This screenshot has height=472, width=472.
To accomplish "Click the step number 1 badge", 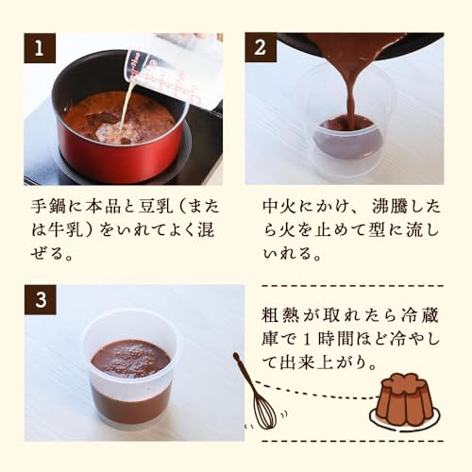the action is [x=40, y=48].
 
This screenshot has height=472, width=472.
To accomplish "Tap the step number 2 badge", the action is [x=261, y=47].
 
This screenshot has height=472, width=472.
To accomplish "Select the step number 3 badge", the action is [x=41, y=300].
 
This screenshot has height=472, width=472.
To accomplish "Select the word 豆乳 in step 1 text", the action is [x=155, y=207].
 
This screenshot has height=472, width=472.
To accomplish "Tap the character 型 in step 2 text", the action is [x=377, y=230].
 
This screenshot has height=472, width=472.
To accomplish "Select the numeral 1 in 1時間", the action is [x=307, y=339].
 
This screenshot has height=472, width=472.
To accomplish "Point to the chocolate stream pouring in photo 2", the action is [x=352, y=85].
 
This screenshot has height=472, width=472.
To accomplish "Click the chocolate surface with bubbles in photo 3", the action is [x=130, y=359].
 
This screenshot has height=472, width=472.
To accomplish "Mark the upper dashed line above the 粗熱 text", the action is [x=353, y=286].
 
